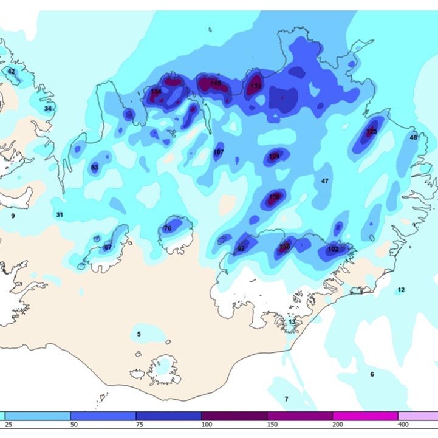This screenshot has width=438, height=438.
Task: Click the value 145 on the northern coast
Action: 216,83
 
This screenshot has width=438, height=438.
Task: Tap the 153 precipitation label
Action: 256,86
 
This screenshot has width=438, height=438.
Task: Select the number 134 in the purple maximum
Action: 156,91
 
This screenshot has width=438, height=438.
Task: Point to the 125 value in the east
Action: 372,131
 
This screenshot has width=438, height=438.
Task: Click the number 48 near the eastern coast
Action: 414,137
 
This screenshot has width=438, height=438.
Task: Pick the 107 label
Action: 219,152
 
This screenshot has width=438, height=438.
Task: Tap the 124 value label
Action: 274,156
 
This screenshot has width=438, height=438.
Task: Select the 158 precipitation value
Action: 274,197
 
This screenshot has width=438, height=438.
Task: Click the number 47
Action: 324,181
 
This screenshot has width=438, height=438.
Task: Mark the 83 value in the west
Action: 94,168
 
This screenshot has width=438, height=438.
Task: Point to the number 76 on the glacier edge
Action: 168,228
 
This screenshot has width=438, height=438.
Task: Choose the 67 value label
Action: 108,247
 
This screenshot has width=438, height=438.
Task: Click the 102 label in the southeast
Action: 333,249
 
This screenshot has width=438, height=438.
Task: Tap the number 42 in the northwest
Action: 11,71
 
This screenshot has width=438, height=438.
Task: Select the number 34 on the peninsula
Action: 48,108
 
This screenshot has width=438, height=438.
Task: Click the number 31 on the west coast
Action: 60,214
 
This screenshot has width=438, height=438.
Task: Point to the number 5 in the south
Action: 139,334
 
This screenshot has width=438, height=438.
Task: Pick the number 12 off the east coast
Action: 401,290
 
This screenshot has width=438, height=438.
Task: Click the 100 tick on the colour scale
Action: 207,423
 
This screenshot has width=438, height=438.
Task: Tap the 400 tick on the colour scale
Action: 403,423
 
